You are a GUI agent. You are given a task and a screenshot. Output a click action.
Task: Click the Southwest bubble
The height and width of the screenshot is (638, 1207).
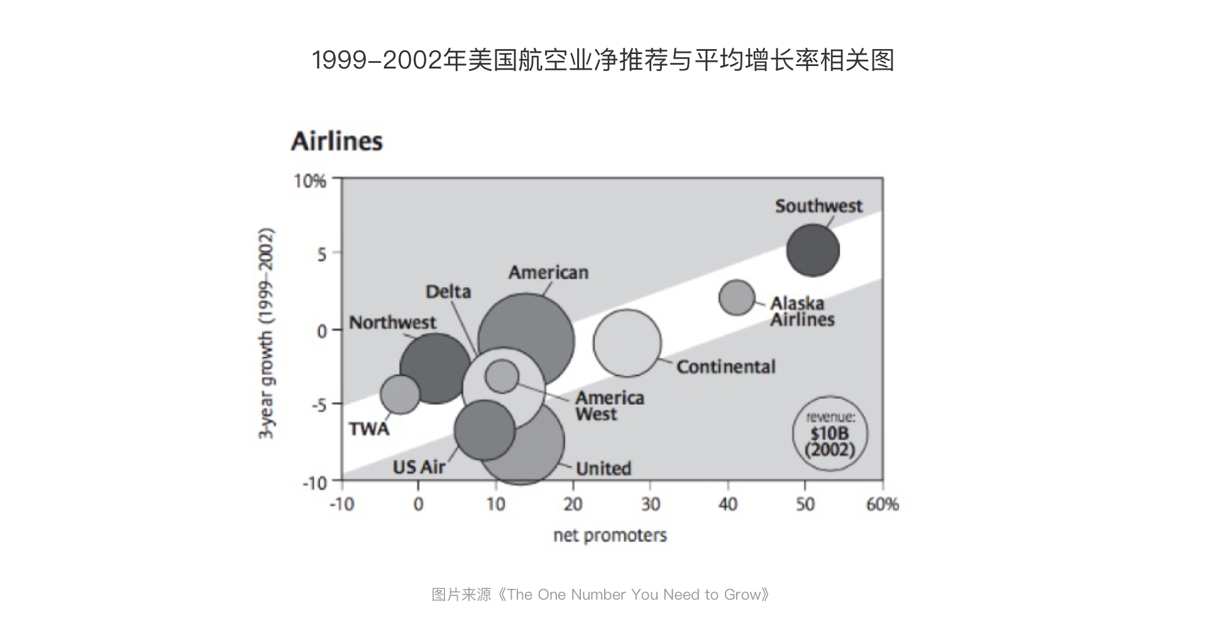[x=813, y=250]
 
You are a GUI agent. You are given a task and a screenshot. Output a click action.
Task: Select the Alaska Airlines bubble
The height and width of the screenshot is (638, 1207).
[x=736, y=297]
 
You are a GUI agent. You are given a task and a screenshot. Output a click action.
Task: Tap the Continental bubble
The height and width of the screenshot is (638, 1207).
[x=627, y=343]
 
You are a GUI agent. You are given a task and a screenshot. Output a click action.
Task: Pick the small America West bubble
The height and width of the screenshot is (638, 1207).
[x=502, y=377]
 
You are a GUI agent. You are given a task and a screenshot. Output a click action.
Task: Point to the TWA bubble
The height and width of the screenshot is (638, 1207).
[x=400, y=394]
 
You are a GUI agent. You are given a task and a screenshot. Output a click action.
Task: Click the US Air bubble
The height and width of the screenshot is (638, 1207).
[x=484, y=431]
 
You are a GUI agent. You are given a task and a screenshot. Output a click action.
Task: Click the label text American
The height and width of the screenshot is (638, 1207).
[x=548, y=272]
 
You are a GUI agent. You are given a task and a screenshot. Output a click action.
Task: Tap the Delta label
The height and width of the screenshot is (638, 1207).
[x=448, y=292]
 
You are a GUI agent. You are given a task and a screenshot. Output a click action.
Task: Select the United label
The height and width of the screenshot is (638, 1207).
[x=603, y=468]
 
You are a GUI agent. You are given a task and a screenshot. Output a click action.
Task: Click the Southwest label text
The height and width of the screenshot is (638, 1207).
[x=818, y=206]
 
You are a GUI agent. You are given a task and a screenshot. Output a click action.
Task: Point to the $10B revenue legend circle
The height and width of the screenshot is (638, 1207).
[x=830, y=434]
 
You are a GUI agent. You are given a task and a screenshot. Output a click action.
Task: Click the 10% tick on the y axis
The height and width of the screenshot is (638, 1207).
[x=310, y=181]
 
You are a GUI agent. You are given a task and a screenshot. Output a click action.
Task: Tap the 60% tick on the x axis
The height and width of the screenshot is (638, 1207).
[x=882, y=504]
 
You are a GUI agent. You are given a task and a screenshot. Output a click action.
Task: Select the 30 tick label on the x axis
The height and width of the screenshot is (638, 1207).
[x=650, y=504]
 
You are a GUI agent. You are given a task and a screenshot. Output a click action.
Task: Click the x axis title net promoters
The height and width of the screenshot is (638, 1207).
[x=609, y=536]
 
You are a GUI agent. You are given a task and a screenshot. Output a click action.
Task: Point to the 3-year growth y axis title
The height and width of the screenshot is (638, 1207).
[x=267, y=333]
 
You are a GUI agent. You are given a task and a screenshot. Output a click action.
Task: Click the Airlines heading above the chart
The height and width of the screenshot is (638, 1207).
[x=336, y=141]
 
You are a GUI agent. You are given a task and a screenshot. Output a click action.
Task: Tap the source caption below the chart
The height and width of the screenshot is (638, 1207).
[x=600, y=595]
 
